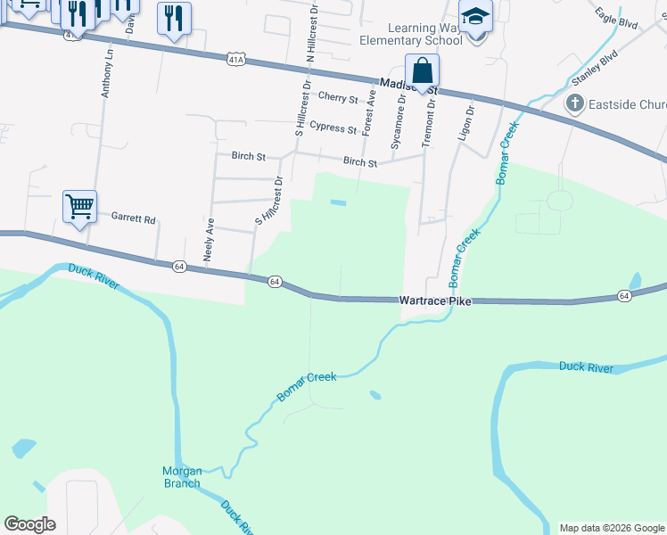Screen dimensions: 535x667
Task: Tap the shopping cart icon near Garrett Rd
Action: pyautogui.click(x=79, y=207)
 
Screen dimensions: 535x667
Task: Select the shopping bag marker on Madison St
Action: pyautogui.click(x=422, y=70)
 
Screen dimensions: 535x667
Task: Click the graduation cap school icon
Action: pyautogui.click(x=475, y=17)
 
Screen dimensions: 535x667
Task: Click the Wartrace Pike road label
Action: pyautogui.click(x=434, y=301)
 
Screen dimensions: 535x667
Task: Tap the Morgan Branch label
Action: pyautogui.click(x=182, y=477)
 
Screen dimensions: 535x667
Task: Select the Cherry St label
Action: pyautogui.click(x=337, y=98)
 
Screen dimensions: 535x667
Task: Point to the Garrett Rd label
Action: pyautogui.click(x=133, y=218)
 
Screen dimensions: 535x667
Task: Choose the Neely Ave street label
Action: pyautogui.click(x=210, y=239)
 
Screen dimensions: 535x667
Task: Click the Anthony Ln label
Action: pyautogui.click(x=108, y=73)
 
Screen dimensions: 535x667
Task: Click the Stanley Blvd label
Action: pyautogui.click(x=594, y=67)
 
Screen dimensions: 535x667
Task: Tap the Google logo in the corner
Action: pyautogui.click(x=29, y=524)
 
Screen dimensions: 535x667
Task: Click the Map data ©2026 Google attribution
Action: pyautogui.click(x=611, y=528)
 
